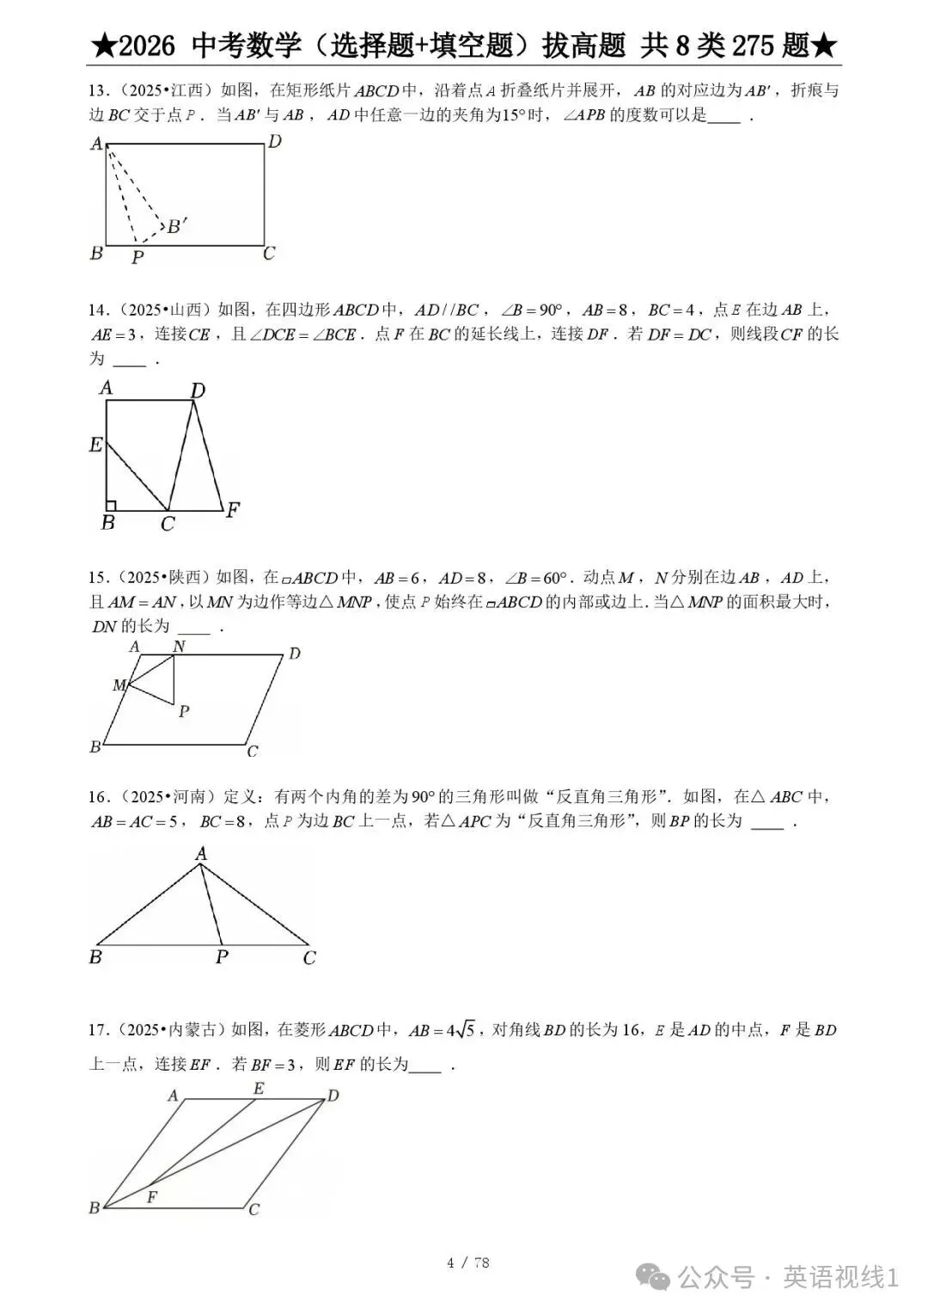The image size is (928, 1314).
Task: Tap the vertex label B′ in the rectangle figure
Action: pos(177,226)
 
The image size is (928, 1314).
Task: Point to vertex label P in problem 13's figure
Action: pos(137,256)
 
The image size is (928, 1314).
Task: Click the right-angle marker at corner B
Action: pos(111,505)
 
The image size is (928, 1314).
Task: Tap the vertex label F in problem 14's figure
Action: pos(232,510)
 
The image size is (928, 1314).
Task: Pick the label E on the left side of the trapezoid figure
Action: pos(96,445)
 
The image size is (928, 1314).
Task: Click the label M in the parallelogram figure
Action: pos(119,685)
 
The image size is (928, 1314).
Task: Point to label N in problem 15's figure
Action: pos(179,647)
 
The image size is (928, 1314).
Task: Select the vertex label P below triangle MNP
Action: pos(183,711)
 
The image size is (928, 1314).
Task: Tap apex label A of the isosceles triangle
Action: pos(201,853)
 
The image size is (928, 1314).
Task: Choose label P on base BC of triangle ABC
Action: pos(222,956)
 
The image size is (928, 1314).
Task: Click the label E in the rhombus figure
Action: pos(258,1089)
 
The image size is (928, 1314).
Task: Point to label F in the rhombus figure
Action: pos(152,1196)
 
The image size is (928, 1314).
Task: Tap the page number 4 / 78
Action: pos(468,1262)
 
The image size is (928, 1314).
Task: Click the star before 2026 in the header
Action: pos(101,46)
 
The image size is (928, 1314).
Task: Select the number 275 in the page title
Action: pos(754,46)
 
